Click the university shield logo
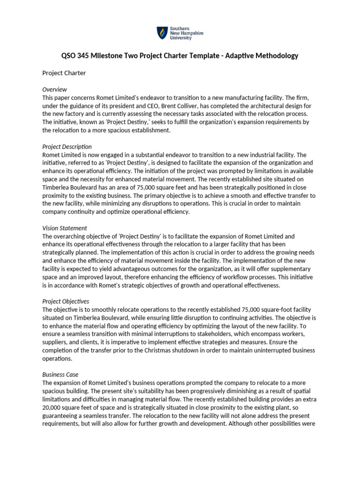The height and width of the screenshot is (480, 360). point(162,33)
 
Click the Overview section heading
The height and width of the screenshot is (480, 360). point(54,89)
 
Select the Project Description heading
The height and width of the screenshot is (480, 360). point(67,147)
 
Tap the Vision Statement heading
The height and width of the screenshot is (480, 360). point(64,228)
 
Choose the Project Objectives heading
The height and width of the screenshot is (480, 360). point(66,301)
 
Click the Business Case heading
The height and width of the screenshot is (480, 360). point(60,375)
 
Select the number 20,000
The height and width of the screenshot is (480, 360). point(55,407)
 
